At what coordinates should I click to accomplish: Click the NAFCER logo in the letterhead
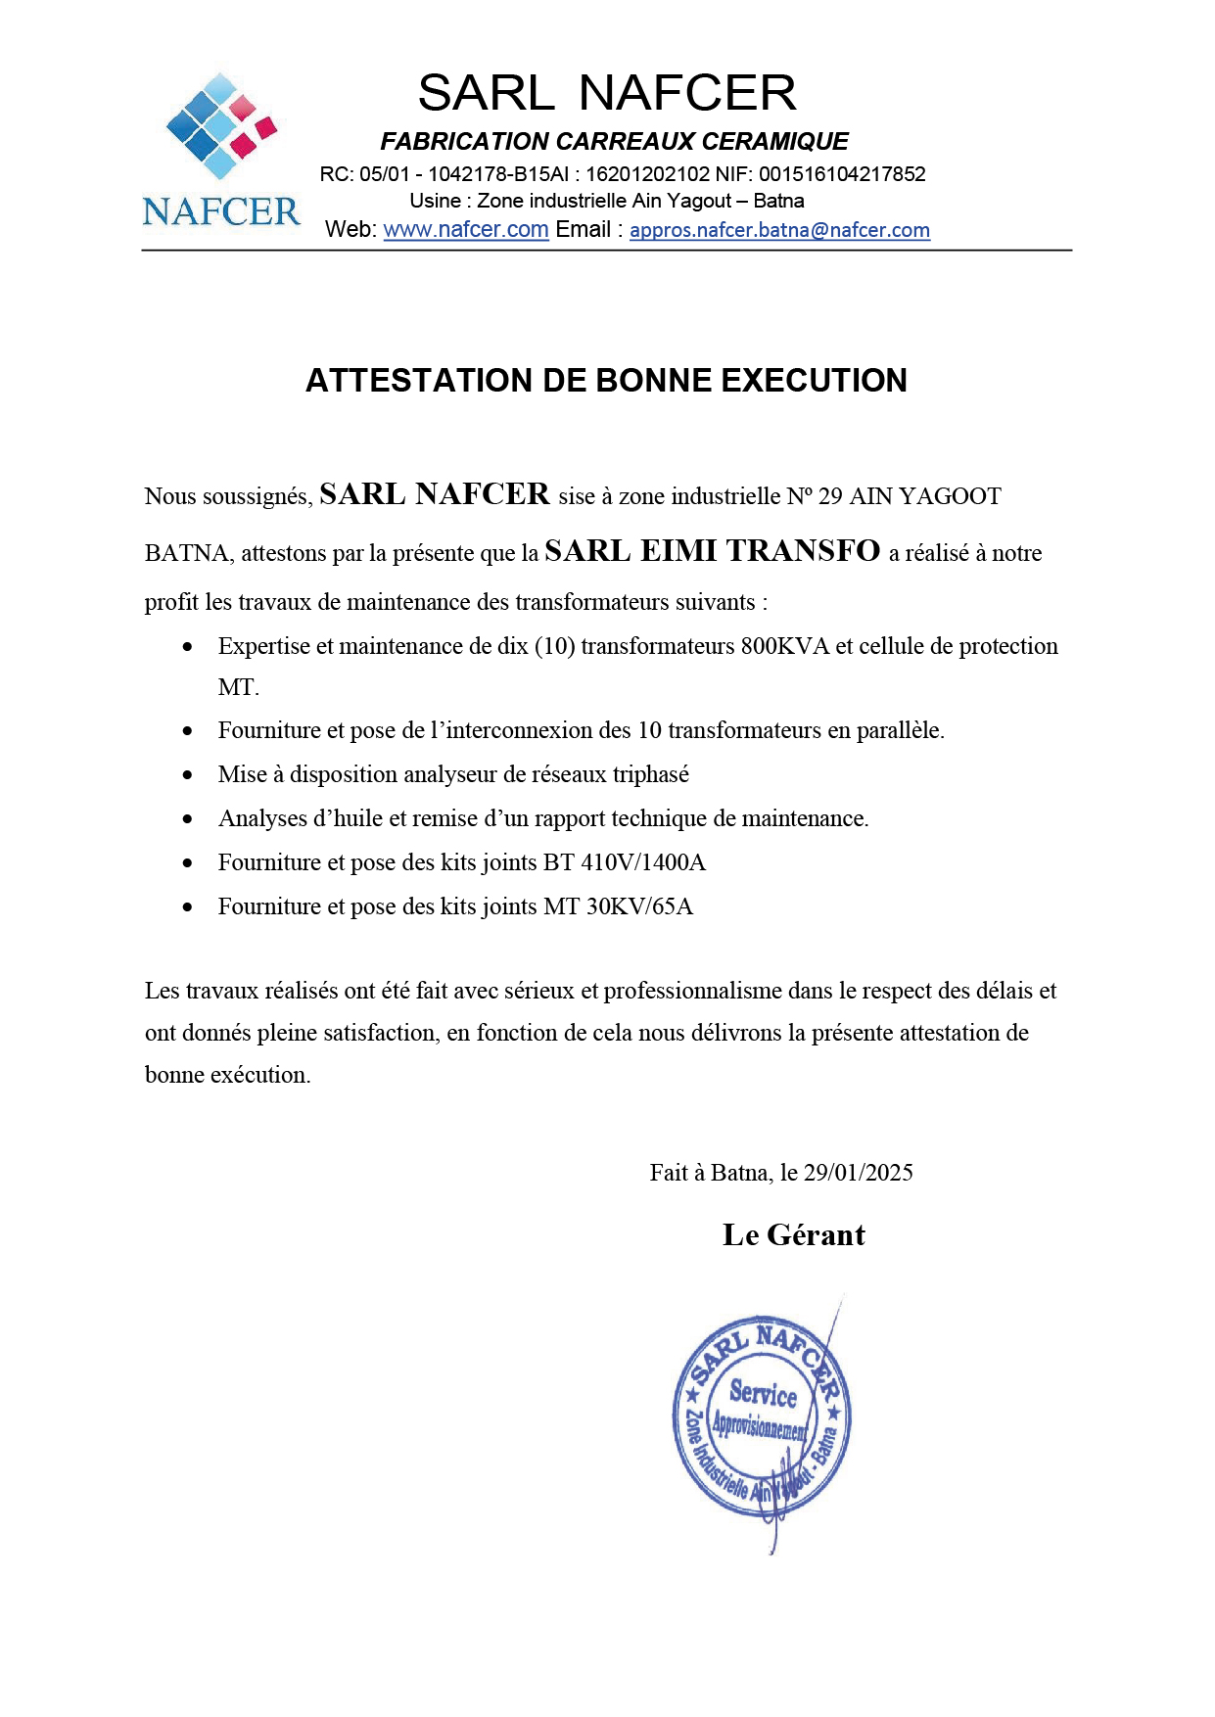pos(220,152)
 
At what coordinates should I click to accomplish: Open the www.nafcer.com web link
pos(465,230)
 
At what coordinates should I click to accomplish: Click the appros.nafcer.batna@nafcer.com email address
pos(779,231)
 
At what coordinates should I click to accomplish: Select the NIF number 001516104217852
pos(842,175)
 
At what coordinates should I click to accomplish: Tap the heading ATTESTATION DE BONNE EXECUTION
pos(606,381)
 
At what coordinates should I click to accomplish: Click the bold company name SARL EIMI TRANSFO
pos(712,552)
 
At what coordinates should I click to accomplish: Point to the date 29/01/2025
pos(858,1173)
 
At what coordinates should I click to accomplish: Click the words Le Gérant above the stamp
pos(793,1235)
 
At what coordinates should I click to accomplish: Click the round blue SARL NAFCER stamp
pos(762,1416)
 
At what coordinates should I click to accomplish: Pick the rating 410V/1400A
pos(643,863)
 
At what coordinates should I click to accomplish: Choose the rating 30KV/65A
pos(639,907)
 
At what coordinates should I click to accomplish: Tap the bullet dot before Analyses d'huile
pos(188,819)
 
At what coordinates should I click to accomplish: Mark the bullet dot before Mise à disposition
pos(188,775)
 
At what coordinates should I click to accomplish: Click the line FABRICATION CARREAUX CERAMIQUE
pos(614,142)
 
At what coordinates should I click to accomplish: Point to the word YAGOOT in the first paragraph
pos(950,497)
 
